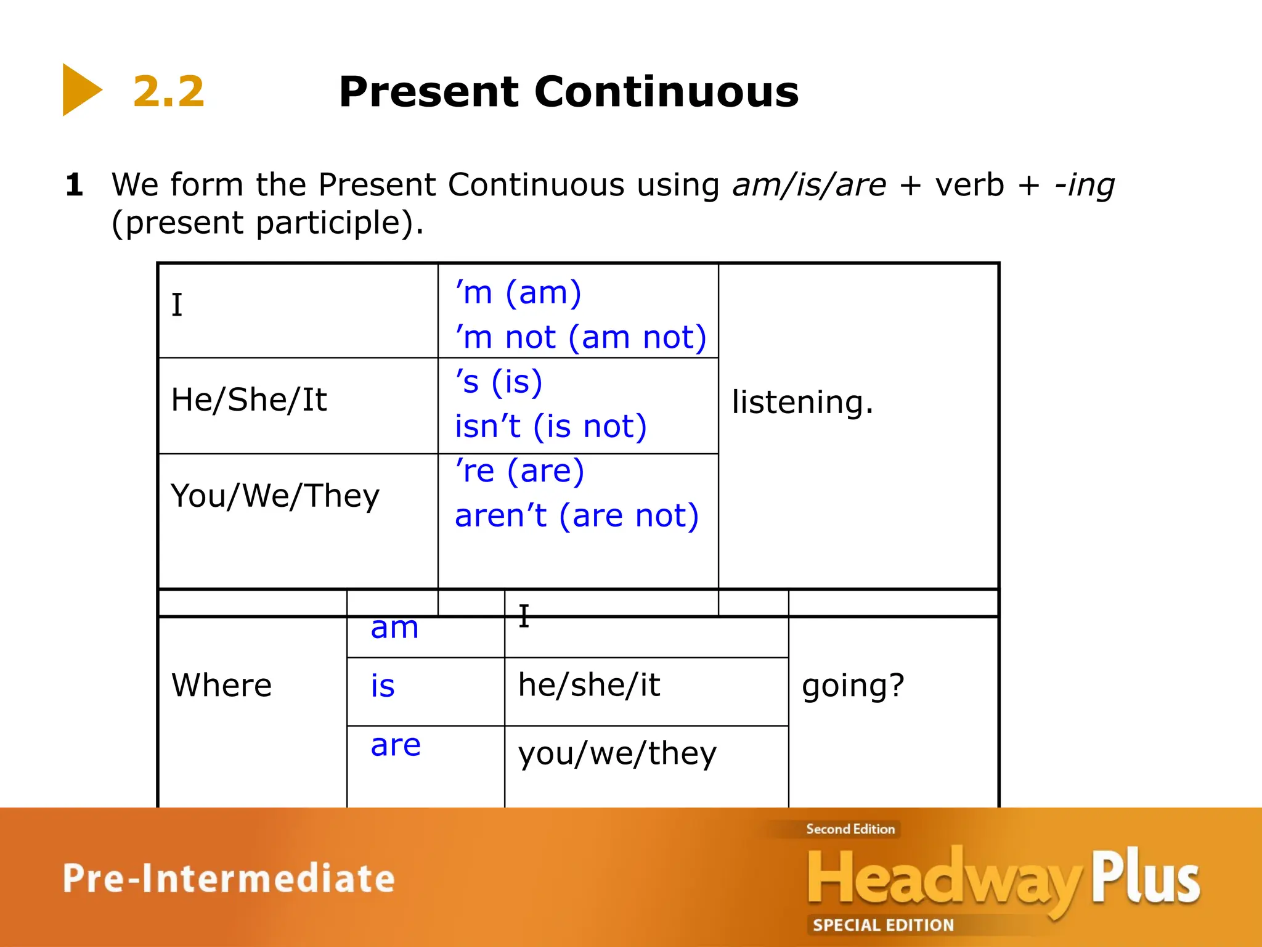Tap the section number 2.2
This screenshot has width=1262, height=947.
point(168,92)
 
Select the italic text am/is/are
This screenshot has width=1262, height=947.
point(808,185)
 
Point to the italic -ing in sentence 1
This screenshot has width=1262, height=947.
point(1085,185)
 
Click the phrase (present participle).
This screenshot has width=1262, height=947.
point(267,223)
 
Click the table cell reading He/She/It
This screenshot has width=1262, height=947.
point(249,400)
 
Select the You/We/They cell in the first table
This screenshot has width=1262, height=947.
point(275,496)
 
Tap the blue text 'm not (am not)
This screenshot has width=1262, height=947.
point(580,337)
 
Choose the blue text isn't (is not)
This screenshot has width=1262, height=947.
point(551,427)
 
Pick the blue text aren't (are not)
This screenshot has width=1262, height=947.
point(577,515)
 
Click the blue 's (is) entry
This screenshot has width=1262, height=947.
point(499,382)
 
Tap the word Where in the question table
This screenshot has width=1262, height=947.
point(221,685)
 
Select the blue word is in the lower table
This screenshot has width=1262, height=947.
point(383,686)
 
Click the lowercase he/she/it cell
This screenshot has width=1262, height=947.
point(589,685)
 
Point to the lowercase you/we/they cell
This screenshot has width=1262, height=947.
point(617,753)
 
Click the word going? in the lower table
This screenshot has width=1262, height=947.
point(853,686)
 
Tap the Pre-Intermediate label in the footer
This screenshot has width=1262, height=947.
point(229,879)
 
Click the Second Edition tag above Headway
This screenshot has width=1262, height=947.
point(850,829)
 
